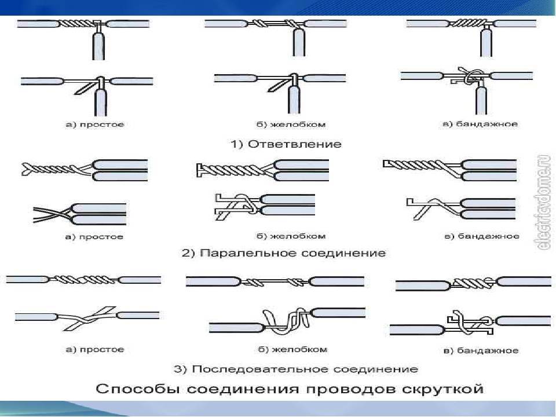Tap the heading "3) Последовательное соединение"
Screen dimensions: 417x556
(295, 369)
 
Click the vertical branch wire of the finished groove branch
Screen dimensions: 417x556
(298, 44)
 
